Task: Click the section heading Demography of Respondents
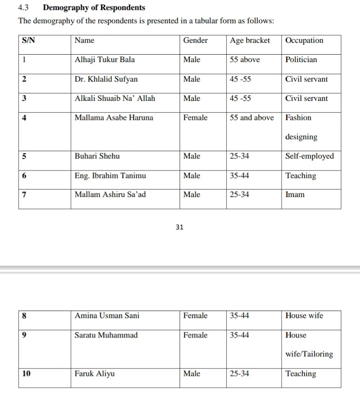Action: click(x=94, y=8)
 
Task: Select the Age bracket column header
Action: click(x=250, y=40)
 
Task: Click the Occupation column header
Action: click(x=304, y=40)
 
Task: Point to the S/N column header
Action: click(x=28, y=40)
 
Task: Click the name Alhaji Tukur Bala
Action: click(x=104, y=60)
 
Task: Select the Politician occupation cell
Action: click(x=301, y=60)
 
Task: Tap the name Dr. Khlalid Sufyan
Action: click(x=106, y=79)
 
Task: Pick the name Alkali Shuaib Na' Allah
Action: click(x=115, y=99)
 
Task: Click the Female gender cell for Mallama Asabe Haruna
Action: click(x=195, y=118)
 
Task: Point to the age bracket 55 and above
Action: click(x=252, y=118)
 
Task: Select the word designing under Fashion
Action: click(x=301, y=137)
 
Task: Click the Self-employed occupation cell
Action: click(x=309, y=156)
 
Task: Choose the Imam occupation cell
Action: click(x=295, y=194)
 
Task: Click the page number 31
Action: click(x=179, y=228)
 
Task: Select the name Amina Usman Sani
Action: click(x=107, y=315)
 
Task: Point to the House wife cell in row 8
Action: click(x=304, y=315)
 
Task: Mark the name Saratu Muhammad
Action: click(x=106, y=335)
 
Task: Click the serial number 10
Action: click(x=26, y=374)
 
